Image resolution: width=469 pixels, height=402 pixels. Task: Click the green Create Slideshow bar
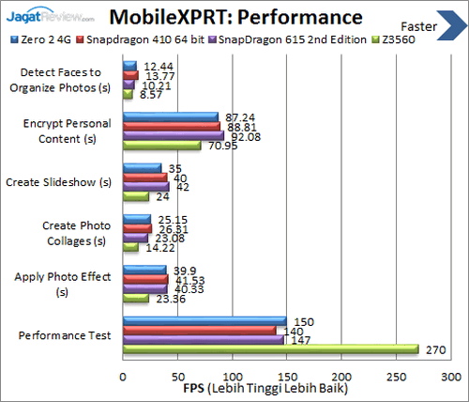(x=135, y=196)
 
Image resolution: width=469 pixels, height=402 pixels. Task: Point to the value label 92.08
(x=243, y=135)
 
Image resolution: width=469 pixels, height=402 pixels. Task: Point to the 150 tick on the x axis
(x=287, y=374)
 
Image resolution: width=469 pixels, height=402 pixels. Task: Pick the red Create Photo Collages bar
(x=136, y=228)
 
